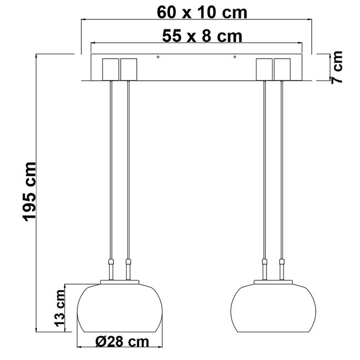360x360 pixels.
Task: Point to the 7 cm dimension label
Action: [336, 68]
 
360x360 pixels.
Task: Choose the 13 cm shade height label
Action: [61, 308]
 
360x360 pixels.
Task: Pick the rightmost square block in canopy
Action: [283, 69]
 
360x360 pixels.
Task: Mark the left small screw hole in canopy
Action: [158, 57]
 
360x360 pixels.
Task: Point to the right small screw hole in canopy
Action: [235, 57]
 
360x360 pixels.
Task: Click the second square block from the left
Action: [129, 69]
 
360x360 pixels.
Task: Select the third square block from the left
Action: [265, 69]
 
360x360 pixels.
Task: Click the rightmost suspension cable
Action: [282, 166]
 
